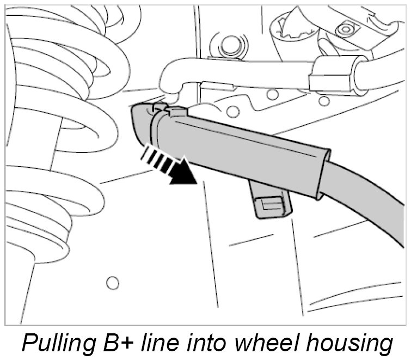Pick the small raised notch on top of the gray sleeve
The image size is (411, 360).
[x=175, y=111]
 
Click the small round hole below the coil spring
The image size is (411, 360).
[x=112, y=283]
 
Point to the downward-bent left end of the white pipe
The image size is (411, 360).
[x=170, y=82]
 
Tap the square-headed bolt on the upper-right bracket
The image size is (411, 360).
[x=345, y=28]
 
